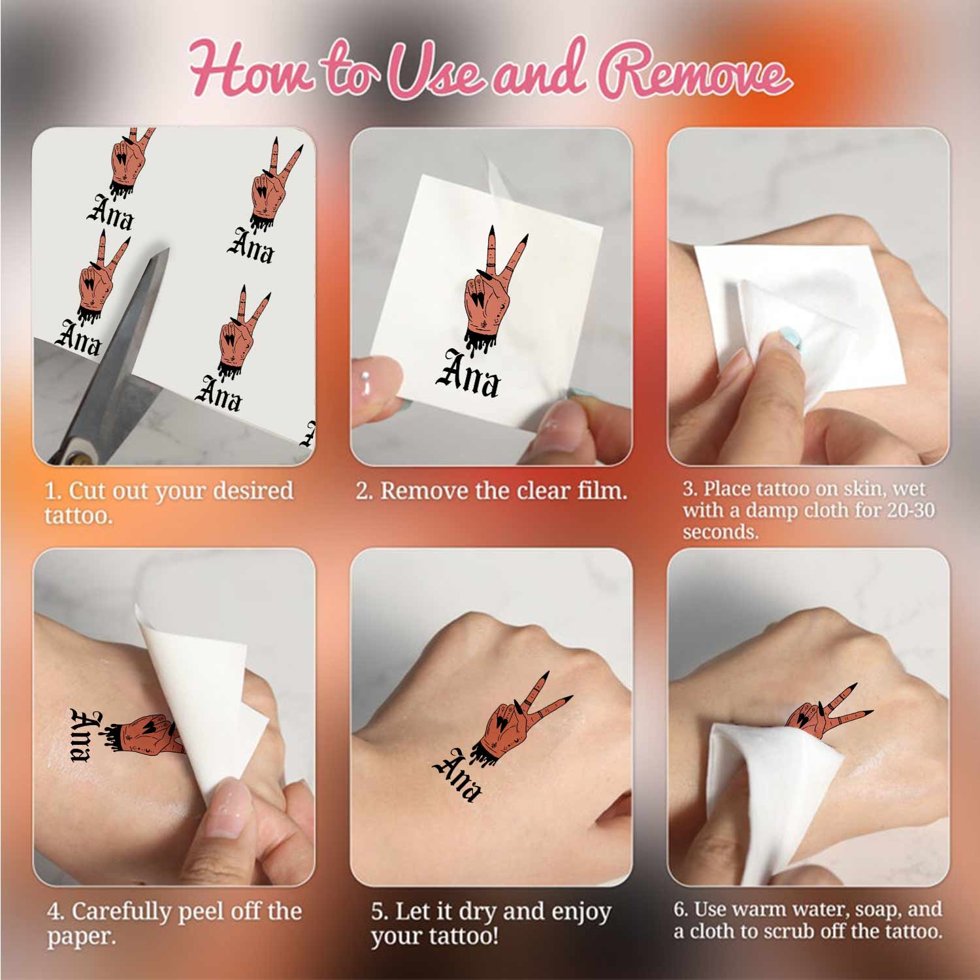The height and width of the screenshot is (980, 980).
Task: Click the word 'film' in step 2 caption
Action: tap(600, 491)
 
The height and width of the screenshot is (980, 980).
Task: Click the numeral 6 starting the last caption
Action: tap(679, 909)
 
